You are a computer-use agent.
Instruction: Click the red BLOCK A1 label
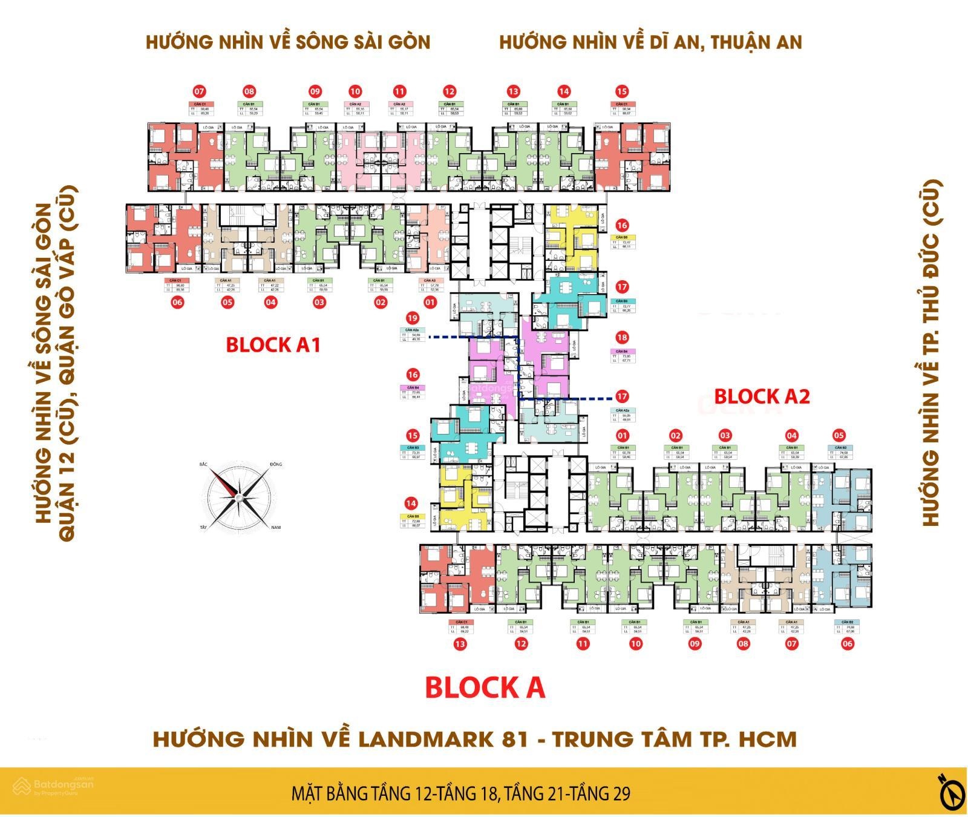point(272,345)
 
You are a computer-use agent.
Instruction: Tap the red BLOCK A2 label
point(762,396)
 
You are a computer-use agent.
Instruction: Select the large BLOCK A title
point(485,687)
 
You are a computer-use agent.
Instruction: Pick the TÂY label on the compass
point(204,528)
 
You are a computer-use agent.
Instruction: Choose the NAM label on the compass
point(276,528)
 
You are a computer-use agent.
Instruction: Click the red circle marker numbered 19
point(413,318)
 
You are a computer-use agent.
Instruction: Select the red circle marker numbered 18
point(621,337)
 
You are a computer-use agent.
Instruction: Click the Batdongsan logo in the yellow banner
point(54,786)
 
